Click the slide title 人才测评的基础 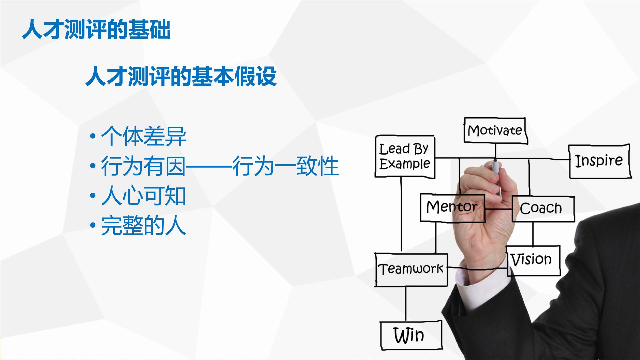click(96, 30)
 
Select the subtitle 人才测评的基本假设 click(181, 76)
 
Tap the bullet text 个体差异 click(143, 136)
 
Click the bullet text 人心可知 click(143, 196)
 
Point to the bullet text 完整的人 click(143, 226)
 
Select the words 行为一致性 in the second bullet click(285, 166)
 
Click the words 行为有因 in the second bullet click(143, 166)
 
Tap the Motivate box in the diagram click(495, 130)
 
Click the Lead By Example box click(405, 157)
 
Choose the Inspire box click(599, 161)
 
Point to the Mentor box click(452, 208)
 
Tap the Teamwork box click(411, 269)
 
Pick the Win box click(411, 335)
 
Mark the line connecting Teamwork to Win click(406, 303)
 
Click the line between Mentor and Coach click(499, 209)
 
